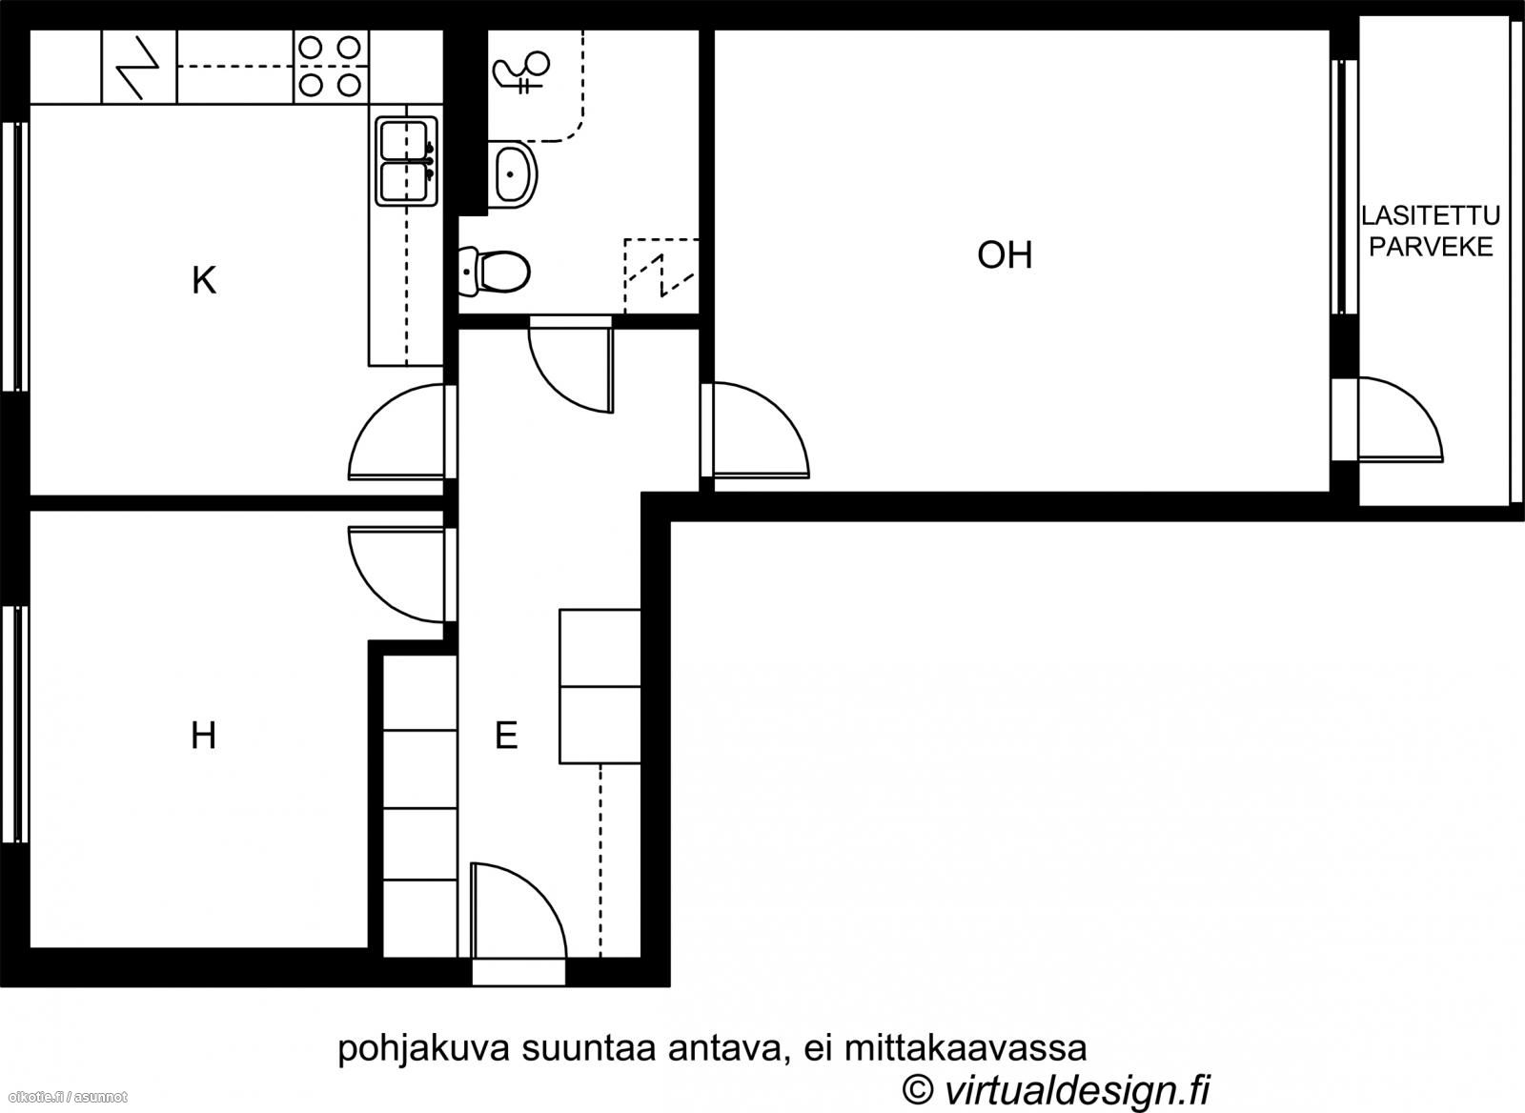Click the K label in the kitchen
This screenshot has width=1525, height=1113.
[x=204, y=280]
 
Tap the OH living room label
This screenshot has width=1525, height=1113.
[x=1005, y=255]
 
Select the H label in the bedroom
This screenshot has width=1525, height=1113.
[x=204, y=736]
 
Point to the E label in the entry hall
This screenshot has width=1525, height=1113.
[x=506, y=736]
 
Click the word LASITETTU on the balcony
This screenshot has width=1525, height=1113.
[x=1431, y=215]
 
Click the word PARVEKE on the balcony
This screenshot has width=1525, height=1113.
[x=1431, y=247]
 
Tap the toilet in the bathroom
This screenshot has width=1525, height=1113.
[x=495, y=272]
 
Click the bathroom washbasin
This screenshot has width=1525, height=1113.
[x=513, y=174]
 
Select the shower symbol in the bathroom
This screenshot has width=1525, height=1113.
[x=520, y=71]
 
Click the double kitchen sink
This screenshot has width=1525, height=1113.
[x=406, y=161]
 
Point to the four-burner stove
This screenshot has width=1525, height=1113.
[x=330, y=67]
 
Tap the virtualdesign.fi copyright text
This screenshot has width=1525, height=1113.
[x=1056, y=1090]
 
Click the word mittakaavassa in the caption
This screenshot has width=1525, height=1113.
[x=966, y=1048]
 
